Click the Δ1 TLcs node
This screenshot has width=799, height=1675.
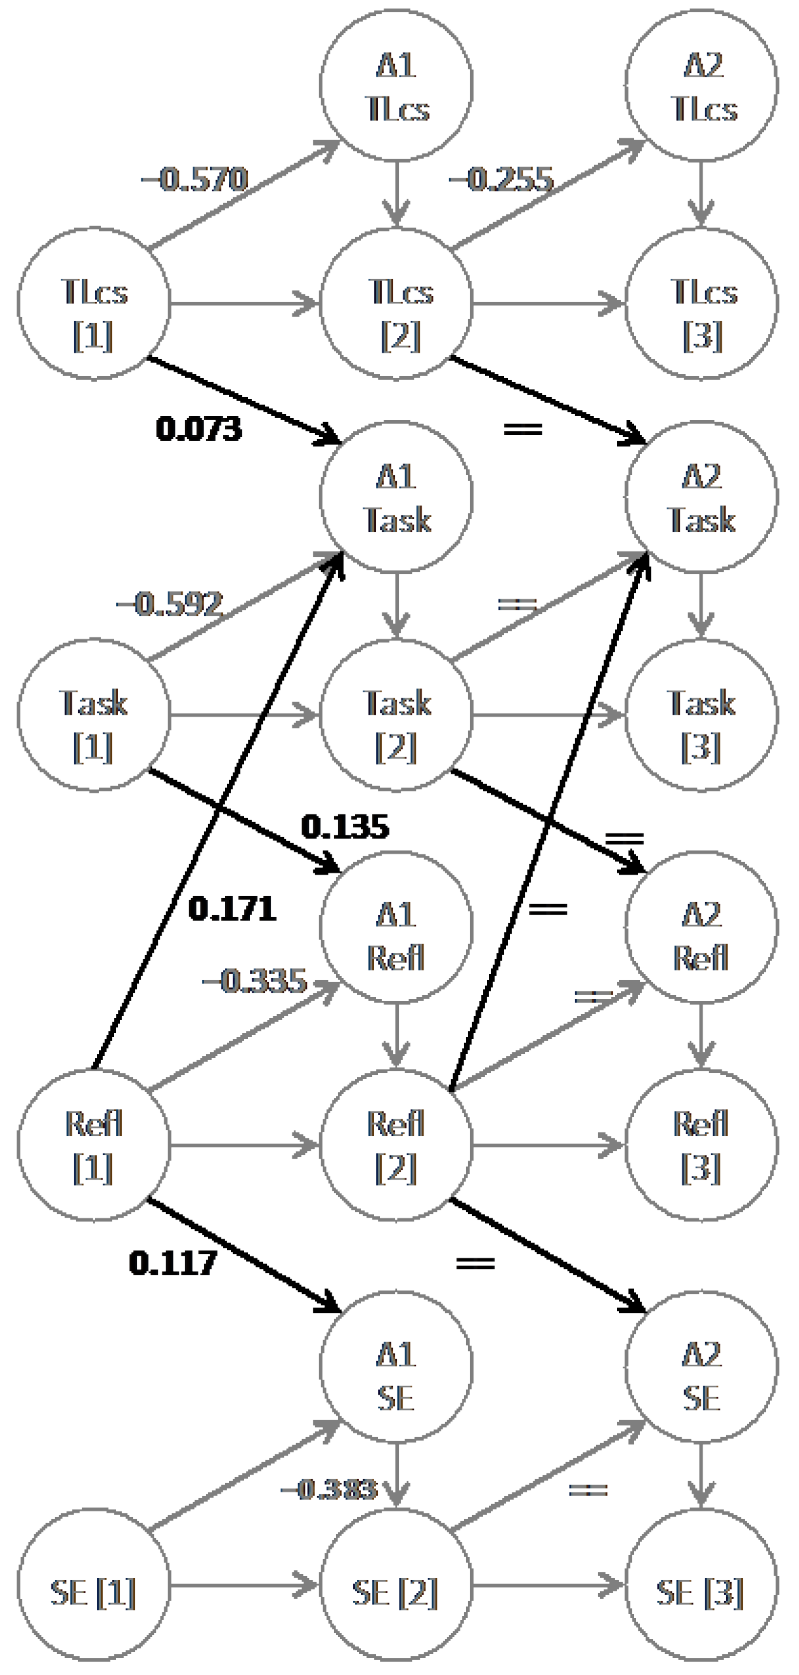(396, 85)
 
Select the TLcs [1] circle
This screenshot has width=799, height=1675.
(94, 303)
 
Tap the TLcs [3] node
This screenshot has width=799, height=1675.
(701, 303)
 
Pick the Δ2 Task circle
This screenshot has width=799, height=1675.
(701, 497)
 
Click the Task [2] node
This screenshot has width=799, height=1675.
(396, 715)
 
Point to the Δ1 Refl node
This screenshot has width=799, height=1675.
(396, 927)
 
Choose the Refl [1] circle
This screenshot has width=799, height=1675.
(94, 1145)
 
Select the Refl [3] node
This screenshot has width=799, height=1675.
(701, 1145)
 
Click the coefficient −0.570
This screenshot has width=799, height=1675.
(195, 179)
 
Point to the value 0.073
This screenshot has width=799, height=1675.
(199, 429)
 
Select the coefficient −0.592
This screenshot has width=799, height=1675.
(171, 604)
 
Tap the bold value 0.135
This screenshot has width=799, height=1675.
(345, 827)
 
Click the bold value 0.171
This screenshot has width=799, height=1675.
(232, 908)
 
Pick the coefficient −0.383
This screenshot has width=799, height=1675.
(329, 1489)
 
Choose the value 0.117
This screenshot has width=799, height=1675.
(173, 1263)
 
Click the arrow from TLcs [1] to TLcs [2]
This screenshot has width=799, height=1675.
(244, 303)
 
